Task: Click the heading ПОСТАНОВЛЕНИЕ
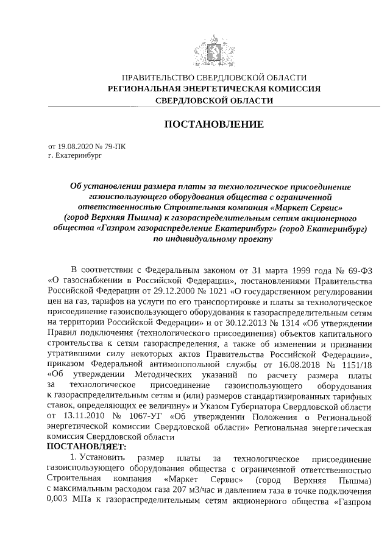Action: coord(214,125)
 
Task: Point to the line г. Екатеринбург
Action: coord(73,156)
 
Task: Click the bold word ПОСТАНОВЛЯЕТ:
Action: coord(83,446)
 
